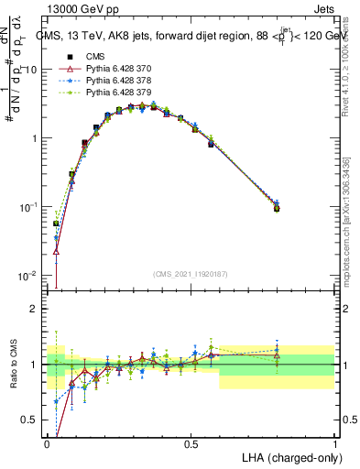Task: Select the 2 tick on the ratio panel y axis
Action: click(34, 309)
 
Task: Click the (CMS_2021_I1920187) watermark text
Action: click(191, 274)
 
